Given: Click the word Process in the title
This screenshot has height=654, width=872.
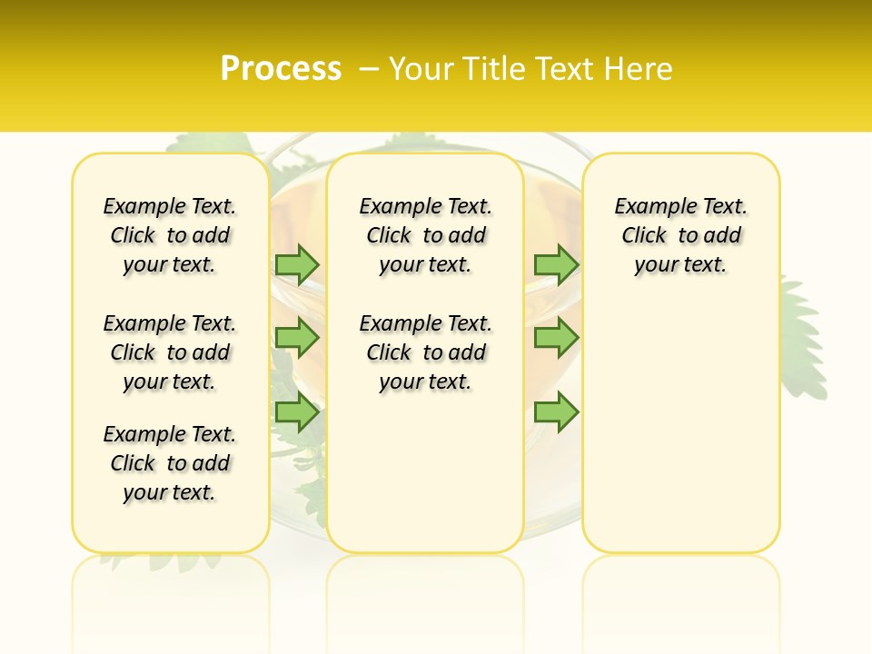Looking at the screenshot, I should tap(281, 69).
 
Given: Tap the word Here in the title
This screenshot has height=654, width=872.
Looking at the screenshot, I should tap(639, 69).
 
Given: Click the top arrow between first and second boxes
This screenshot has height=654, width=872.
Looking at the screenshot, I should tap(297, 264).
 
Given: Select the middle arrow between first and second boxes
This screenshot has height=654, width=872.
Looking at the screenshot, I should tap(297, 338).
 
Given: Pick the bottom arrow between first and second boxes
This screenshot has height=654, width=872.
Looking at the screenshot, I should tap(297, 412).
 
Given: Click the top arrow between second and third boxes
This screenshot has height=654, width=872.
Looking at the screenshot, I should tap(556, 264).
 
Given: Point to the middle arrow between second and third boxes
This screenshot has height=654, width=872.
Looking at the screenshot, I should tap(556, 338).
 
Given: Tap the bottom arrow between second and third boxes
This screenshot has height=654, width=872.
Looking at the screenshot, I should tap(556, 412).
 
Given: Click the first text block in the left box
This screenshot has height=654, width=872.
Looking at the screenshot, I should tap(170, 235).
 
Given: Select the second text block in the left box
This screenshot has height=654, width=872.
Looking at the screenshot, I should tap(170, 352).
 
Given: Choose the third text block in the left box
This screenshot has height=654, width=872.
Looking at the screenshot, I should tap(170, 463).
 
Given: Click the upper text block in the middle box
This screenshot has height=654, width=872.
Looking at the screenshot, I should tap(425, 235).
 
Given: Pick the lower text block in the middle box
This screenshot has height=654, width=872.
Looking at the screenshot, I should tap(425, 352).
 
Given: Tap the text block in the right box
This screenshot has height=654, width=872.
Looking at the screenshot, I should tap(681, 235).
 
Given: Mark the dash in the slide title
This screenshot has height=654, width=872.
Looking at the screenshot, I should tap(369, 69).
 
